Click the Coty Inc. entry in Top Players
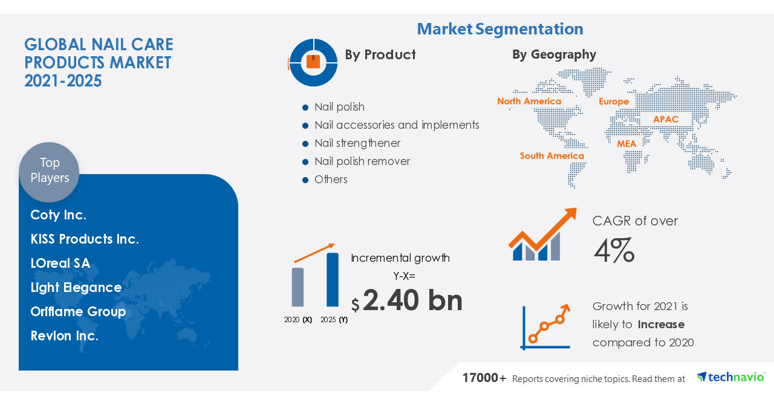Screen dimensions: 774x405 (59, 215)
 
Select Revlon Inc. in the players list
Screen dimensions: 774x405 (65, 335)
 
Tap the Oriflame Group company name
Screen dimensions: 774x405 (78, 311)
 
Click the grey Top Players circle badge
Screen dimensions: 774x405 (49, 171)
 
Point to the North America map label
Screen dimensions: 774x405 (529, 101)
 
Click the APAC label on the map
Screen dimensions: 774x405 (666, 119)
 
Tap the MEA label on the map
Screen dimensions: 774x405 (626, 144)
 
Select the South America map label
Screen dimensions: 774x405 (551, 155)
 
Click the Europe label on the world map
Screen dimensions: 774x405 (614, 101)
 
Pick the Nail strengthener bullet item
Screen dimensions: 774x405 (357, 143)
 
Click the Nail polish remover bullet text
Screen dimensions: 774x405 (362, 161)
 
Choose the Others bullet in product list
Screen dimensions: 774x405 (330, 180)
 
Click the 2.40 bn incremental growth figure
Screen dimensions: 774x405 (412, 300)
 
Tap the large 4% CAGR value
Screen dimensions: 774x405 (613, 250)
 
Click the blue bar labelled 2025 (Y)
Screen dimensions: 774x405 (333, 279)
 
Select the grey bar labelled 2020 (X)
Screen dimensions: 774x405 (298, 287)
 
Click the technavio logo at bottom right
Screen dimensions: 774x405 (730, 377)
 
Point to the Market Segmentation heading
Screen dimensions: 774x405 (500, 28)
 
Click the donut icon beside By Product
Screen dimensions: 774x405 (313, 62)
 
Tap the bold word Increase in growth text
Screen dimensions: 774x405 (661, 325)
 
